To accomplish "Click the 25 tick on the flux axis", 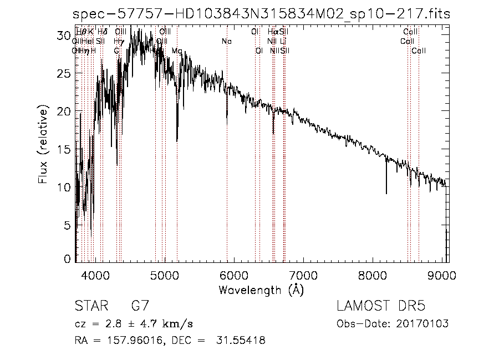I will pos(65,74).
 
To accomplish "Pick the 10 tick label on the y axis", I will pos(65,187).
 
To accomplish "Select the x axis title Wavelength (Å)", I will pos(261,290).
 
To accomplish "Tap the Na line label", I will pos(226,42).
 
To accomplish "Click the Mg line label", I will pos(177,51).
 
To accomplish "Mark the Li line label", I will pos(283,42).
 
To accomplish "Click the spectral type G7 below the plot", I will pos(140,306).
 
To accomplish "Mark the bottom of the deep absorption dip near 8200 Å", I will pos(386,193).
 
